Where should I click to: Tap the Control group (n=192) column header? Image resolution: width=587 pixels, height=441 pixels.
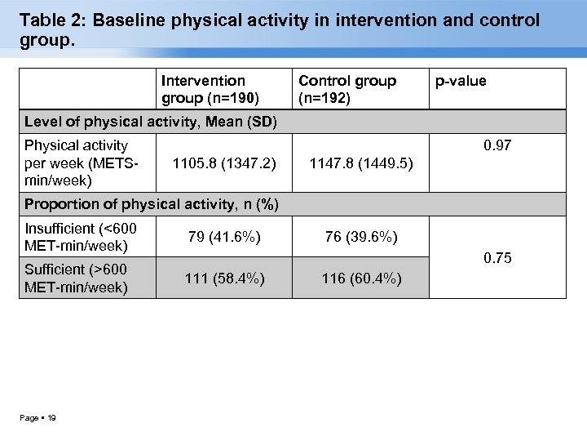[347, 89]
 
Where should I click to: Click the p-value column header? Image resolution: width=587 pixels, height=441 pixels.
[461, 81]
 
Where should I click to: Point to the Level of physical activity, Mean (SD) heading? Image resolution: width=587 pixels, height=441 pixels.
[151, 122]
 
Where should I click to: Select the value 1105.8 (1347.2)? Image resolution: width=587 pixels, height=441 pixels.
[224, 163]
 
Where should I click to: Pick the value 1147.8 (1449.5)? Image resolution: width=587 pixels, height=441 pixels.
[361, 163]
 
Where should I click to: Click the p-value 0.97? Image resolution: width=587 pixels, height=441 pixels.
[497, 145]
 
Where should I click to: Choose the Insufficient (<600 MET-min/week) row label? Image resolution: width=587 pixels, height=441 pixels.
[81, 237]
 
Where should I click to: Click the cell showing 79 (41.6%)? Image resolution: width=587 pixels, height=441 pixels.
[224, 237]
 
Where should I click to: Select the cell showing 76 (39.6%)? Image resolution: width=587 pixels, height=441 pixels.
[361, 237]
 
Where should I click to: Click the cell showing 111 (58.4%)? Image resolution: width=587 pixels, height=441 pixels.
[224, 278]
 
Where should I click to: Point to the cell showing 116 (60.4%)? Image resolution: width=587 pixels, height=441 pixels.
[361, 278]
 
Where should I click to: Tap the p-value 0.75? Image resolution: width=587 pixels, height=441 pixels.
[497, 258]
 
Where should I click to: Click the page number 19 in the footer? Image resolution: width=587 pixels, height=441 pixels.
[51, 418]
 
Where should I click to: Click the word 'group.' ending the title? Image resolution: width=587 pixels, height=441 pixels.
[46, 41]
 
